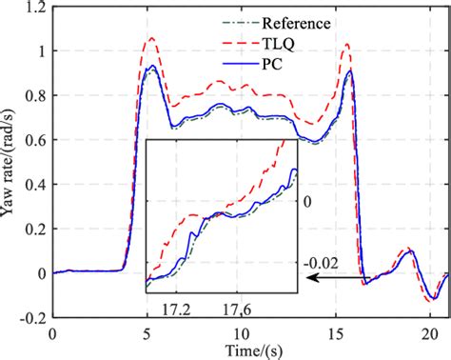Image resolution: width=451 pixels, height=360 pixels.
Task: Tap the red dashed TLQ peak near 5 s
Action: [149, 38]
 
